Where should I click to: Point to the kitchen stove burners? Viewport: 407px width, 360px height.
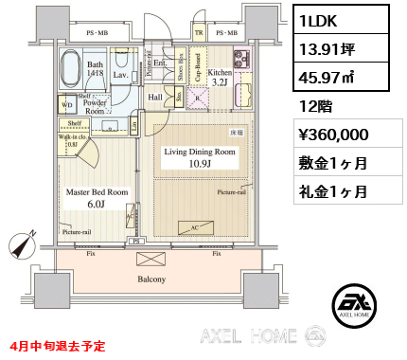coord(239,59)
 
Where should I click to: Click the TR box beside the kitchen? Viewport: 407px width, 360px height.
coord(198,33)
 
